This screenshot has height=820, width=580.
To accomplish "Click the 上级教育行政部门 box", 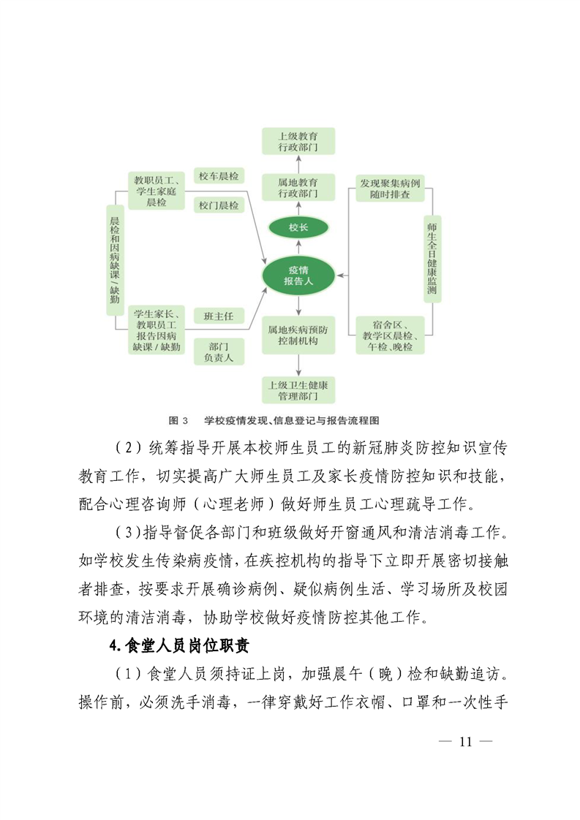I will [298, 141].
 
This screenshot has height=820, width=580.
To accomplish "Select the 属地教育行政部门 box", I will [298, 188].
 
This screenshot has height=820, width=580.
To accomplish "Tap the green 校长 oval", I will [298, 227].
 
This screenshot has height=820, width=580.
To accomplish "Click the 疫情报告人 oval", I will [298, 276].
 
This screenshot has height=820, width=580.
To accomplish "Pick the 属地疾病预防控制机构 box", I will [298, 335].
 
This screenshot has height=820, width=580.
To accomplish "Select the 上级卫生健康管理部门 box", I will [298, 390].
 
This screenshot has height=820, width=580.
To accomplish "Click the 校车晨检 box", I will [219, 176].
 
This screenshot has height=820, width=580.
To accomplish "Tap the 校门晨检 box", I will [219, 206].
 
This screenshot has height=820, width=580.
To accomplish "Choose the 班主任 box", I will [219, 316].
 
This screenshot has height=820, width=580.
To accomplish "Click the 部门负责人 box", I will [219, 352].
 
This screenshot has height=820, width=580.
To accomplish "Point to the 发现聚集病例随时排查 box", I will [390, 188].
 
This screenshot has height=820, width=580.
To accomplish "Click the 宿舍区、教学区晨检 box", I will [390, 335].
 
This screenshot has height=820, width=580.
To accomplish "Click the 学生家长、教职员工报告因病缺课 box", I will [156, 330].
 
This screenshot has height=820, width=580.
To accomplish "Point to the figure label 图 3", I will [178, 421].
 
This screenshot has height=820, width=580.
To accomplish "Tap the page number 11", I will [465, 742].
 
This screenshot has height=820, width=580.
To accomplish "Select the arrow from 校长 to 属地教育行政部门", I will [298, 210].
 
